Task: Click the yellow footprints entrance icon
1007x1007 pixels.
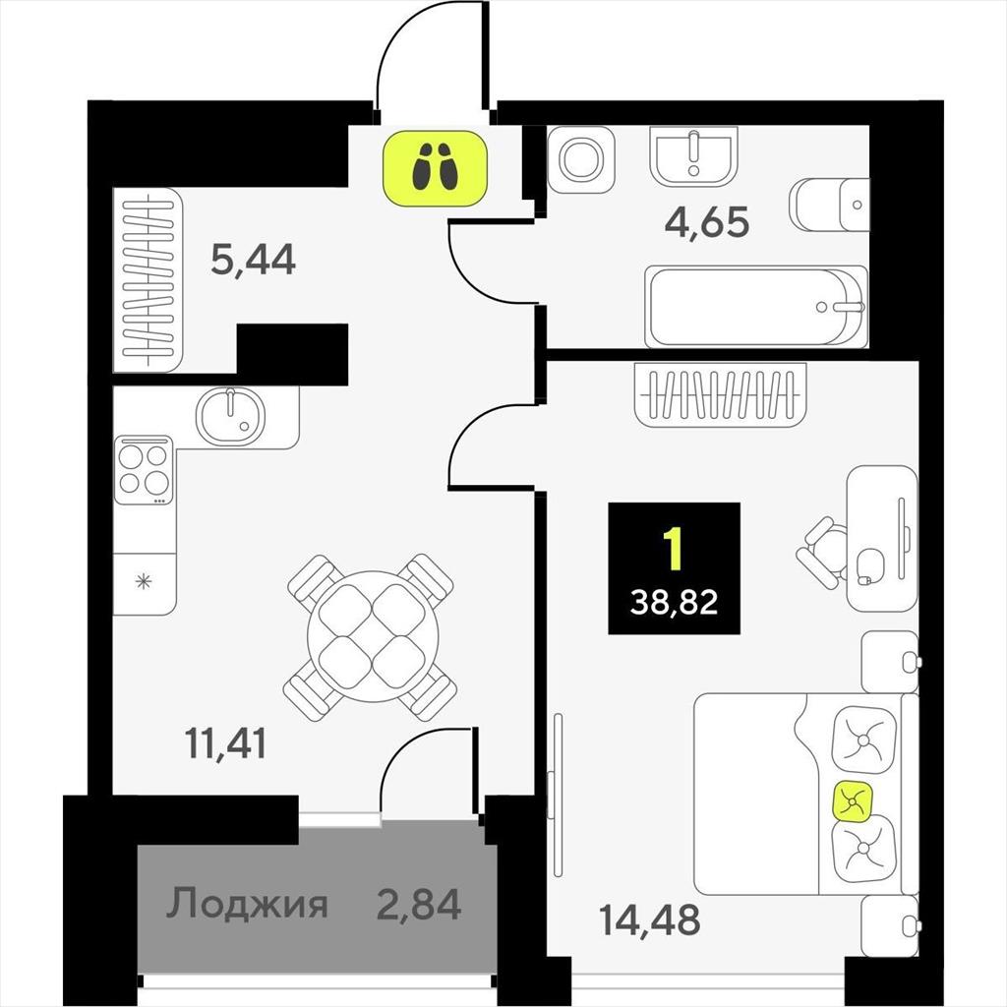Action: tap(436, 168)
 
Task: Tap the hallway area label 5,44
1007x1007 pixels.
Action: tap(253, 259)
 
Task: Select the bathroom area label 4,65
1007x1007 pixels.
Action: tap(706, 222)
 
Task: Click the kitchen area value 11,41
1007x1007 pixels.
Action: tap(225, 743)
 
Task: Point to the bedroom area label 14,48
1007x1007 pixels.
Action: tap(649, 919)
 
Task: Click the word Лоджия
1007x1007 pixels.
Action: tap(247, 904)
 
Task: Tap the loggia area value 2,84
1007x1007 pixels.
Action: tap(419, 904)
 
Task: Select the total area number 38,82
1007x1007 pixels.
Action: tap(674, 603)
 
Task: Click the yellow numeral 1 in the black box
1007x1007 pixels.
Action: tap(674, 549)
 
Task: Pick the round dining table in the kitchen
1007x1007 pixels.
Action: tap(372, 636)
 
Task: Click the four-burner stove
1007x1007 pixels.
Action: tap(144, 470)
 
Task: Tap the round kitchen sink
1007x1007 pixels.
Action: tap(230, 416)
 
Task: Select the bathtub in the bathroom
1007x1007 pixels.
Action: tap(756, 307)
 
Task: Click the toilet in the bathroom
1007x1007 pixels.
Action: tap(829, 205)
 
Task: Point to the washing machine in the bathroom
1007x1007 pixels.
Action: tap(580, 158)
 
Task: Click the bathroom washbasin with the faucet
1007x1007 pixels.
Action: tap(693, 156)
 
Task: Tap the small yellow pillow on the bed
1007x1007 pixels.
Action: tap(853, 800)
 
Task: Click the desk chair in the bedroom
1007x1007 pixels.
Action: tap(822, 553)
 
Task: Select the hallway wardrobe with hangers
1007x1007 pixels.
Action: tap(148, 280)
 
